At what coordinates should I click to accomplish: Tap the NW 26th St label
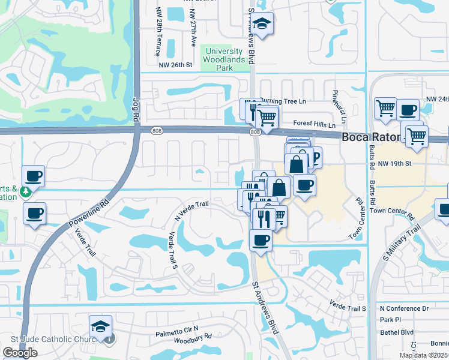[x=175, y=65]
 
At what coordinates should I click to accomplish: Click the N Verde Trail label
[x=191, y=211]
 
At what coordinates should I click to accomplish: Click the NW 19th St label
[x=394, y=163]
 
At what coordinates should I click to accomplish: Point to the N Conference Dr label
[x=405, y=308]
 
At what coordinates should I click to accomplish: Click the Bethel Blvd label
[x=397, y=332]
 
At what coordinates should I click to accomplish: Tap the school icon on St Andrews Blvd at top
[x=262, y=24]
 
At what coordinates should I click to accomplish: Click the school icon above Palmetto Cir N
[x=101, y=327]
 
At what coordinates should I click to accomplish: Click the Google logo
[x=20, y=353]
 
